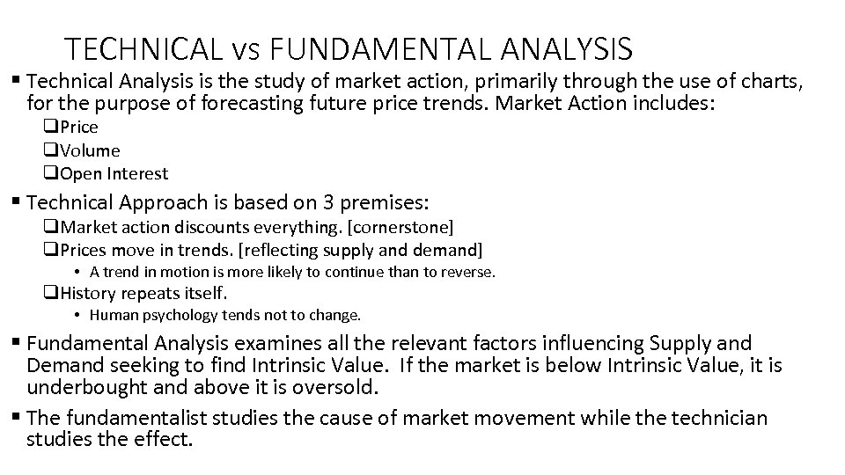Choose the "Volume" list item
point(90,150)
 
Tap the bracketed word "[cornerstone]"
point(401,227)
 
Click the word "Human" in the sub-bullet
point(111,315)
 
